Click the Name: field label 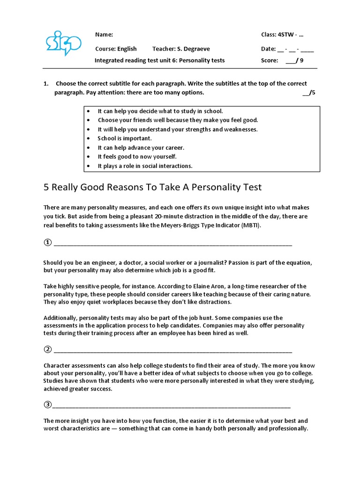(104, 35)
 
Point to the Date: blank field (295, 49)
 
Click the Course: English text (116, 49)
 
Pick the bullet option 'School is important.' (125, 138)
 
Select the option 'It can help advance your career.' (141, 148)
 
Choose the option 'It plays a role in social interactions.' (145, 166)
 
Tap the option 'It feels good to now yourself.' (137, 157)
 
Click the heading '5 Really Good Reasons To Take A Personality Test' (152, 187)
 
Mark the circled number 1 (47, 242)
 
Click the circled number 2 (47, 349)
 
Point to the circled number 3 (47, 405)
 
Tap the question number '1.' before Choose (46, 84)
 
